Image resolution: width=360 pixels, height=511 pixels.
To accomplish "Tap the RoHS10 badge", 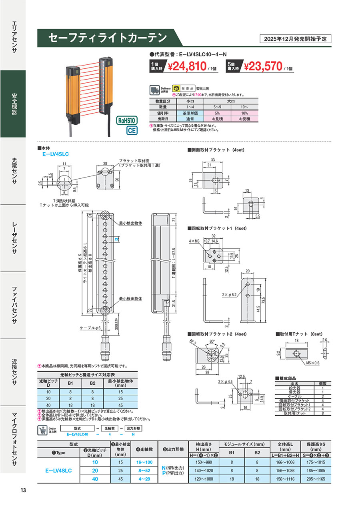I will (x=127, y=120).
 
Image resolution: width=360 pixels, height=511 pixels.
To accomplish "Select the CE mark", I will (x=132, y=130).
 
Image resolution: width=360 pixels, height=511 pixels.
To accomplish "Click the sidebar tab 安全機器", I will (x=14, y=104).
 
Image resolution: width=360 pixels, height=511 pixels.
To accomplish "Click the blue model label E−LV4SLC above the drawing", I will (x=56, y=154).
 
